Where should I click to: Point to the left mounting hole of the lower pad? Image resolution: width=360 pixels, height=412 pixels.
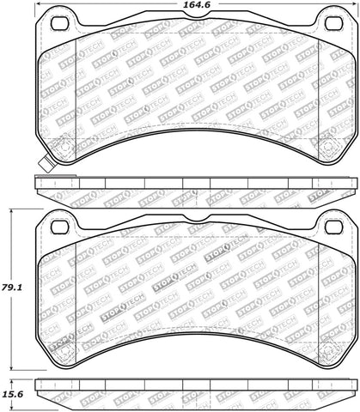pyautogui.click(x=59, y=227)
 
